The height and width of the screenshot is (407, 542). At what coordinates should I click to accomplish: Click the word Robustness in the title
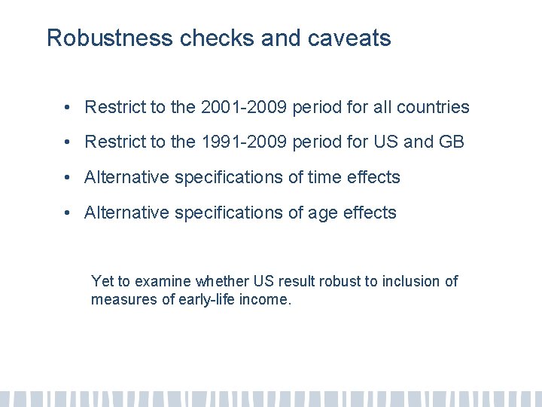tap(110, 38)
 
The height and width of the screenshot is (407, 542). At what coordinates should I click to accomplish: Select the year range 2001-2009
tap(244, 107)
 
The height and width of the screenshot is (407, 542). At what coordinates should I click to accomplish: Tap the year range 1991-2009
tap(244, 142)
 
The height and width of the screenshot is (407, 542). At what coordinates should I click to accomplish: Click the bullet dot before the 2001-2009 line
tap(68, 108)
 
